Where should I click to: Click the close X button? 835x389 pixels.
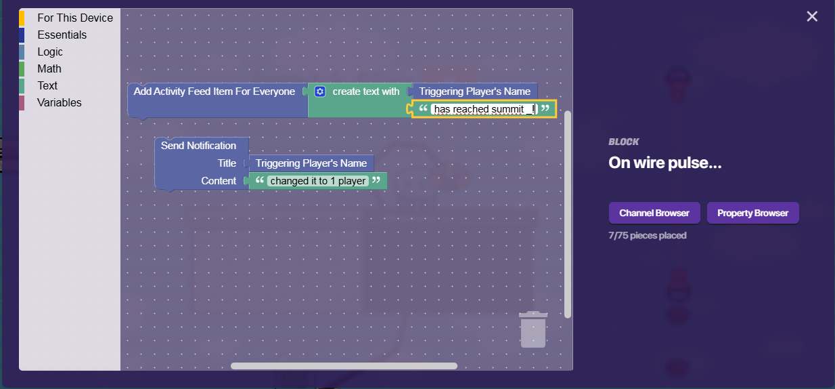(812, 16)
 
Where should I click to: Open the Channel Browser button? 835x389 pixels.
(654, 213)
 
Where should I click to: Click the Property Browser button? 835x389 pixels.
(752, 213)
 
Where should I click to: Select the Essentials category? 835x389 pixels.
(62, 35)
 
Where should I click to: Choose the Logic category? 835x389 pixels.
(50, 52)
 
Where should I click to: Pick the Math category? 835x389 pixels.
(49, 68)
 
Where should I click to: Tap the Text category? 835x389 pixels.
(47, 85)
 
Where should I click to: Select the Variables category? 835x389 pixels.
(60, 102)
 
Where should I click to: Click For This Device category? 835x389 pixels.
(75, 18)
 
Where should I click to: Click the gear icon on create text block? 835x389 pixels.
(320, 91)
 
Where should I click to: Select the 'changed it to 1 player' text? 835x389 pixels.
(318, 181)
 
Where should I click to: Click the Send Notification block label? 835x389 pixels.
(198, 146)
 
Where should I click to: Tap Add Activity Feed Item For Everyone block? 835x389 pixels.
(214, 91)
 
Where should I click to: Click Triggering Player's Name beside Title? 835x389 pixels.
(311, 163)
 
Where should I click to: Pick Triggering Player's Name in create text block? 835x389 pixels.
(474, 91)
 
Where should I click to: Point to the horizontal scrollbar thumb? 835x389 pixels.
(344, 366)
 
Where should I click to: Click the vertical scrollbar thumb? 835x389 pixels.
(568, 213)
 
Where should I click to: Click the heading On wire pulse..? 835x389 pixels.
(665, 163)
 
